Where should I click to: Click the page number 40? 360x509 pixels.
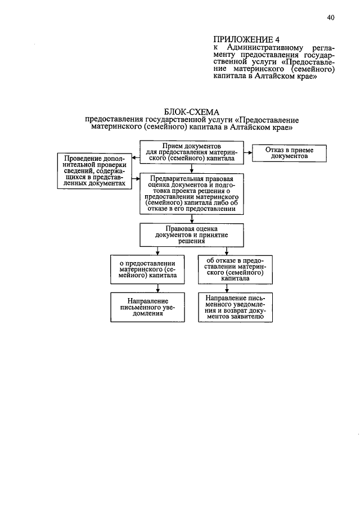(331, 17)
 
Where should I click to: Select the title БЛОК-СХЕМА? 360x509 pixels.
(191, 112)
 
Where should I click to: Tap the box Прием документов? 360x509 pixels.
(192, 152)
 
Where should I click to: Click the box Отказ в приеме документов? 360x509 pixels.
(289, 153)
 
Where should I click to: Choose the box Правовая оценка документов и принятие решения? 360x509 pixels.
(191, 235)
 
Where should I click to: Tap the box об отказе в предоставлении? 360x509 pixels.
(236, 269)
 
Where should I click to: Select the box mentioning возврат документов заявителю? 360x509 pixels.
(236, 307)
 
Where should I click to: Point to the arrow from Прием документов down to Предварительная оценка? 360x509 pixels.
(192, 168)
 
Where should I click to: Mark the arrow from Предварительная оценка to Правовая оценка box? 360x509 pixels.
(192, 219)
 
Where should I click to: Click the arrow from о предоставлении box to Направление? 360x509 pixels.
(157, 288)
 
